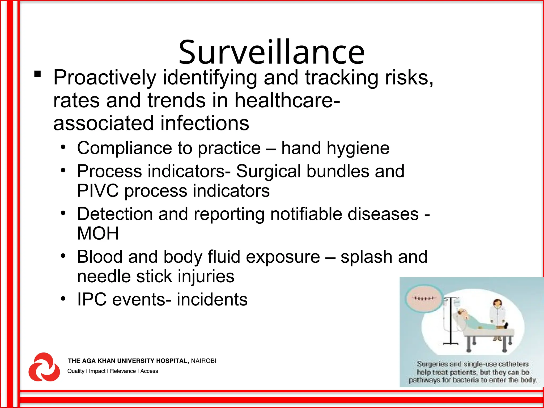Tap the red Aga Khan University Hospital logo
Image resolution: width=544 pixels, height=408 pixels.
tap(44, 367)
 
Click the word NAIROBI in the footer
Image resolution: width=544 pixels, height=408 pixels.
tap(203, 361)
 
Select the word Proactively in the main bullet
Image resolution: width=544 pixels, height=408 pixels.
tap(105, 78)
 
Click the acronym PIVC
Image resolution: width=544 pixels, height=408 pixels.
tap(97, 191)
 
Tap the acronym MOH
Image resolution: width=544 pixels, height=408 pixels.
tap(98, 233)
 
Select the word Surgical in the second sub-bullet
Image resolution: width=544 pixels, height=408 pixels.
tap(268, 171)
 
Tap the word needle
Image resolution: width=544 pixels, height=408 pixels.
tap(104, 276)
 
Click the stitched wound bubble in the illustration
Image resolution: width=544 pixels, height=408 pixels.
tap(424, 299)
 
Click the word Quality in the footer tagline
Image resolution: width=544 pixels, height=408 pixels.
tap(76, 371)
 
